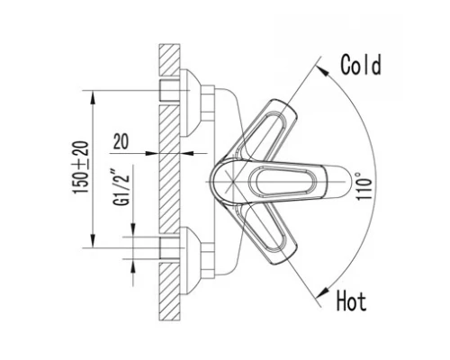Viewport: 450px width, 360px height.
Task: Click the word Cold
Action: coord(361,65)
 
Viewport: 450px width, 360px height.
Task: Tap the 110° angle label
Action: coord(364,185)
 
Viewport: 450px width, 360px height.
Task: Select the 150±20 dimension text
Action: coord(81,167)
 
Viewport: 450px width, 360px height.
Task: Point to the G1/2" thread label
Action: coord(121,188)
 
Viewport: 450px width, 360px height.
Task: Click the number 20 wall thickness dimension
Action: coord(121,141)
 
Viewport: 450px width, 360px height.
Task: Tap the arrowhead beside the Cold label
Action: coord(321,70)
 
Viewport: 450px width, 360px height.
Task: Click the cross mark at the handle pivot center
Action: coord(233,181)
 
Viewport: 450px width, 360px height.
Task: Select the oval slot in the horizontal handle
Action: coord(283,181)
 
